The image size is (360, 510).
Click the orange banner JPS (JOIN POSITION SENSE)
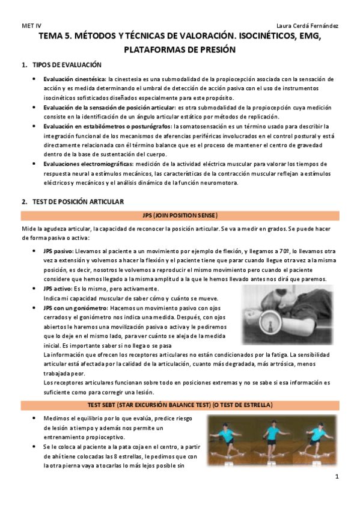tap(180, 215)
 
